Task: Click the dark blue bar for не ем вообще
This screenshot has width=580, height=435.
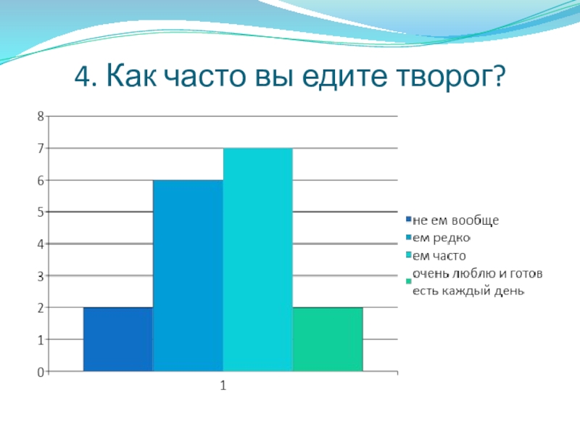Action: tap(118, 339)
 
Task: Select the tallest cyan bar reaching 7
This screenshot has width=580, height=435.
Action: tap(258, 260)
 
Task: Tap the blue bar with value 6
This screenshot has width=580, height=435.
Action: tap(188, 275)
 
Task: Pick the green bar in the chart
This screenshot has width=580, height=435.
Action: tap(328, 339)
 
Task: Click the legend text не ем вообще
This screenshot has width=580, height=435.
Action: tap(456, 220)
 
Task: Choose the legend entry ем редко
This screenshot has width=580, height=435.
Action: tap(442, 238)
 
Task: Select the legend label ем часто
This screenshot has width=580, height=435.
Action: tap(439, 256)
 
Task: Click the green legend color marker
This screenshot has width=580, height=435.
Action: tap(409, 281)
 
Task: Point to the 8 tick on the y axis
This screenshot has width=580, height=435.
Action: tap(41, 117)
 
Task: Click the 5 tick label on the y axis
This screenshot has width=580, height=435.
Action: tap(41, 212)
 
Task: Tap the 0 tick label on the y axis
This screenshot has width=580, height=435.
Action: tap(41, 372)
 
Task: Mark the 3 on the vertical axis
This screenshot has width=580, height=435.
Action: tap(41, 276)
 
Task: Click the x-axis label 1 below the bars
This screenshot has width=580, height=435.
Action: tap(223, 386)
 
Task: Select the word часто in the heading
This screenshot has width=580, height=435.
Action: tap(204, 77)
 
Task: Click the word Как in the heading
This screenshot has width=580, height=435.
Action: tap(131, 76)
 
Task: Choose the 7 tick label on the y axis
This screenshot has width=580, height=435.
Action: tap(41, 149)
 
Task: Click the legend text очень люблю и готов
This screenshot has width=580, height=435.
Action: tap(478, 274)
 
